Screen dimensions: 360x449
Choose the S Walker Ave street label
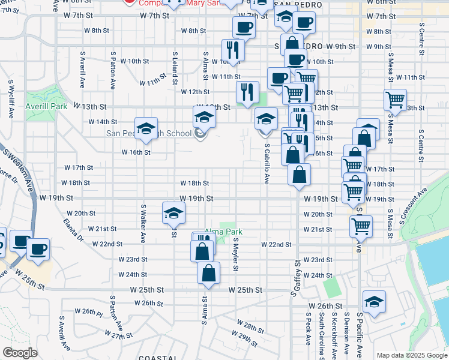click(143, 223)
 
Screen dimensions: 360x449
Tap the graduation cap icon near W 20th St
click(174, 213)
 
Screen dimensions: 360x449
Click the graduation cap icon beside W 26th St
click(374, 302)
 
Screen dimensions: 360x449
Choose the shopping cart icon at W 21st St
click(361, 226)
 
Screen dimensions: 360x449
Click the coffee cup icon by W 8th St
click(244, 27)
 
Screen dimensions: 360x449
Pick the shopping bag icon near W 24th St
click(208, 272)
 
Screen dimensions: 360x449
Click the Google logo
click(20, 353)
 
